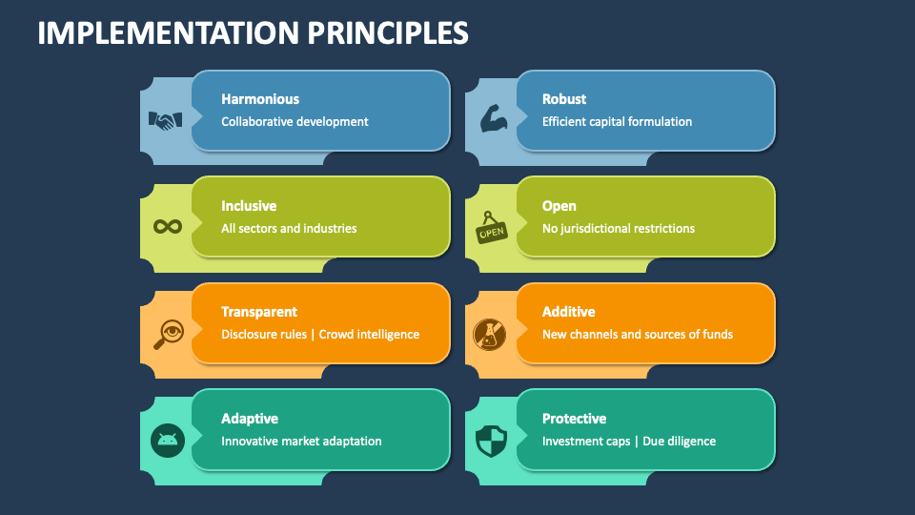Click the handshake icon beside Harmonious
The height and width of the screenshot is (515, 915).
[x=165, y=121]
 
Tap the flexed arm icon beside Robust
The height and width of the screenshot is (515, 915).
[x=492, y=120]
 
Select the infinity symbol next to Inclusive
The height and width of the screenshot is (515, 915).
[x=168, y=227]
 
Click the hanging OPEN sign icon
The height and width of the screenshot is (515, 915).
[x=492, y=229]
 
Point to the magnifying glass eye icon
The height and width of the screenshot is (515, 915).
[x=168, y=334]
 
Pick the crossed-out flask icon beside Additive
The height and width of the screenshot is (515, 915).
[x=490, y=333]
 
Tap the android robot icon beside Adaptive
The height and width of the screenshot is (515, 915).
[x=168, y=440]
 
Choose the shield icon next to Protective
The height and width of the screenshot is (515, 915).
[x=491, y=440]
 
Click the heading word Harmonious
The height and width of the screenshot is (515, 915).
[x=260, y=99]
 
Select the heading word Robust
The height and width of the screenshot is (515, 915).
[x=564, y=99]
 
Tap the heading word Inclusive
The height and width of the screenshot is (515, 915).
[x=249, y=206]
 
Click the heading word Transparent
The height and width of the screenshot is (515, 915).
[x=259, y=312]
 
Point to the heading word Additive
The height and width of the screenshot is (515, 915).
[x=568, y=312]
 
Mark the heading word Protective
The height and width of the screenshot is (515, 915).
[x=574, y=419]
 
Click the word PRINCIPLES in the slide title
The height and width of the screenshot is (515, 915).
[x=388, y=33]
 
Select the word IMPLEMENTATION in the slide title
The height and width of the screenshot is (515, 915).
[x=168, y=33]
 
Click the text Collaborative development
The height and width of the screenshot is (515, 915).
[x=295, y=122]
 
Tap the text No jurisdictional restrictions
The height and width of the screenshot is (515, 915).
[x=619, y=229]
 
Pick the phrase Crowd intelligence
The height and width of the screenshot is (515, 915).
[x=369, y=335]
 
